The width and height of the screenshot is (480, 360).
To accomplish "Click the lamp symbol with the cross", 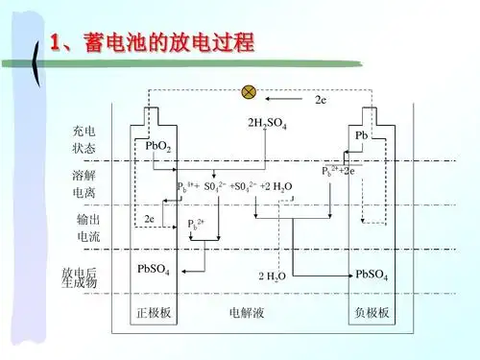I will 249,91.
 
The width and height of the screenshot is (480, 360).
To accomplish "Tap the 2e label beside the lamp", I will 322,98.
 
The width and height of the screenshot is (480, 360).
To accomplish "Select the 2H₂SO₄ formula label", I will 268,122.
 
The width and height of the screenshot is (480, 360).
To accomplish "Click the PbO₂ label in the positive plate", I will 158,146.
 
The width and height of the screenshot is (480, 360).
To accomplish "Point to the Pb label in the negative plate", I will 362,136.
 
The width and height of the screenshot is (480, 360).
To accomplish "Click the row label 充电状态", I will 84,139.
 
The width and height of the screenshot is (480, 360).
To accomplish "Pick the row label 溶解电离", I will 84,184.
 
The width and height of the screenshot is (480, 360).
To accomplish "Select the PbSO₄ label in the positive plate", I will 154,270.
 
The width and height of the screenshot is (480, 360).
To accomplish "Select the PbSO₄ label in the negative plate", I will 372,275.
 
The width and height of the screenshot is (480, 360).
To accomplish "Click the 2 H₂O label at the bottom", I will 272,276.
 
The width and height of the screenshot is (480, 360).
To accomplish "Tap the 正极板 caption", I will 153,313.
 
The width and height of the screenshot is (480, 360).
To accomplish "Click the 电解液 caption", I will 247,313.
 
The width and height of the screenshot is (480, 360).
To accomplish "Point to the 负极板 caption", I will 372,313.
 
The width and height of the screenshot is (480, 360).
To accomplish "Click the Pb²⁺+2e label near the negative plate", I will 339,170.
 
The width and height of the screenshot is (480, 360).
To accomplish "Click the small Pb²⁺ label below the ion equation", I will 196,225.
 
